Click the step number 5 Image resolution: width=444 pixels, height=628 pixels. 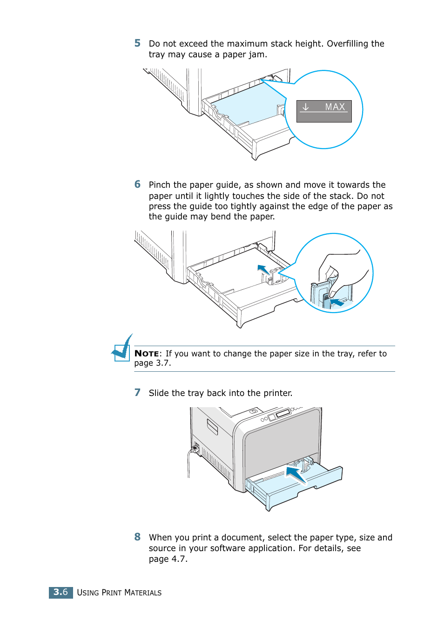(x=137, y=43)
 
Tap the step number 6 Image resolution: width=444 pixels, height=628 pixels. (x=137, y=184)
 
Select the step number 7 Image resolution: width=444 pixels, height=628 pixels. (x=137, y=393)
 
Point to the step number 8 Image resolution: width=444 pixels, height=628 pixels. (x=137, y=537)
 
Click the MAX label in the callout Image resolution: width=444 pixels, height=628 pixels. (x=335, y=107)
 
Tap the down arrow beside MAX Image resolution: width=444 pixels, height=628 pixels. (x=305, y=107)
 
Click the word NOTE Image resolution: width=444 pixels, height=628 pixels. (x=146, y=354)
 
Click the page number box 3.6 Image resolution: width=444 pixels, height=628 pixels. (x=61, y=592)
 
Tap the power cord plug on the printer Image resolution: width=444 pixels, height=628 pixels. (x=195, y=448)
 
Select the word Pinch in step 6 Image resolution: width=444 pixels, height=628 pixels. (x=160, y=185)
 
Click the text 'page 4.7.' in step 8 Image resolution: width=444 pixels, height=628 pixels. (x=168, y=559)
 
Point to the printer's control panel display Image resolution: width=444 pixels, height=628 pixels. (x=283, y=413)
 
